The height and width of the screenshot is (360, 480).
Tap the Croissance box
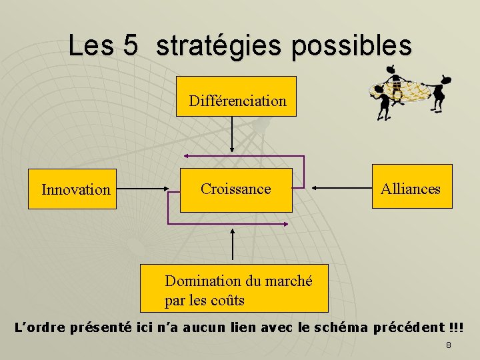tap(236, 189)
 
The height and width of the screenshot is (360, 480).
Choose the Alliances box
tap(411, 189)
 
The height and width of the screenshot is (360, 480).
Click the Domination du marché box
tap(234, 288)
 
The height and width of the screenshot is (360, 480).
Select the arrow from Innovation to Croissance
tap(147, 189)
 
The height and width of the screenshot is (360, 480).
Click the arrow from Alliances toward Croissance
tap(341, 189)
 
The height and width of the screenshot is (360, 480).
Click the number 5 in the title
tap(130, 46)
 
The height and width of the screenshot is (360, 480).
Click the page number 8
tap(449, 345)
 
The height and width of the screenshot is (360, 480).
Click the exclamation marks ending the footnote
tap(456, 328)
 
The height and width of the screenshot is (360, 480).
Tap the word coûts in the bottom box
tap(225, 301)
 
